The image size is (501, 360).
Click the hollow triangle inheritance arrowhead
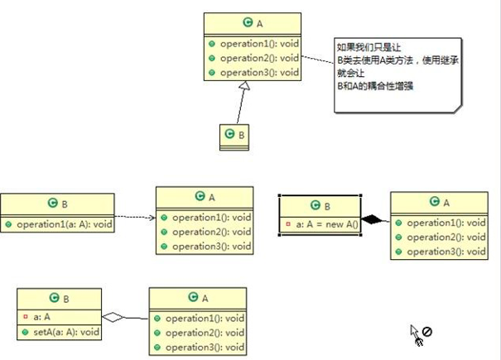[x=244, y=85]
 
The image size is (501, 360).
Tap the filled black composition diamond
[x=372, y=219]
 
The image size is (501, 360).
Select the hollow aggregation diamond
[x=113, y=317]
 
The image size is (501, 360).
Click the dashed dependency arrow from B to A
[x=135, y=217]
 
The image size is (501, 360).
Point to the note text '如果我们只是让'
[x=369, y=47]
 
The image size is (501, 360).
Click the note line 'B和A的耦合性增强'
[x=375, y=86]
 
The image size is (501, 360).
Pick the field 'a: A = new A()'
[x=327, y=224]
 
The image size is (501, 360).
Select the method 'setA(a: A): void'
[x=66, y=332]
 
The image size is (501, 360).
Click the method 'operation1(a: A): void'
[x=65, y=224]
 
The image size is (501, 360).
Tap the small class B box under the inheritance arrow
[x=234, y=137]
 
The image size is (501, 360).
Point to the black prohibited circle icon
[x=426, y=332]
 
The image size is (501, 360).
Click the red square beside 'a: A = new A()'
[x=288, y=224]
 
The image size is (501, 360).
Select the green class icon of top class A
[x=248, y=22]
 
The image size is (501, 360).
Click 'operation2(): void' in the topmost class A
[x=259, y=58]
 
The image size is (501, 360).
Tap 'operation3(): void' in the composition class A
[x=446, y=252]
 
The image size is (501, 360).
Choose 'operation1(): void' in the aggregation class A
[x=205, y=318]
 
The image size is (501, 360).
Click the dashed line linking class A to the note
[x=318, y=60]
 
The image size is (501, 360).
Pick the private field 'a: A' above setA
[x=41, y=317]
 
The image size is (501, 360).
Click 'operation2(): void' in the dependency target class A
[x=211, y=232]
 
